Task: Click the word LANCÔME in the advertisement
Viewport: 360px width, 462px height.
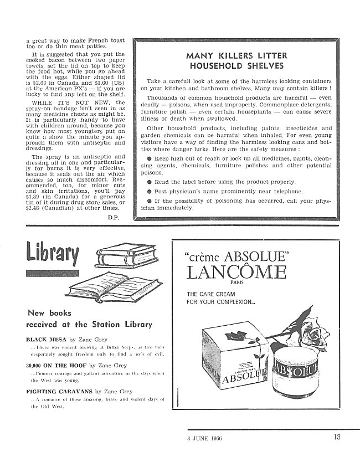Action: (x=236, y=273)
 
